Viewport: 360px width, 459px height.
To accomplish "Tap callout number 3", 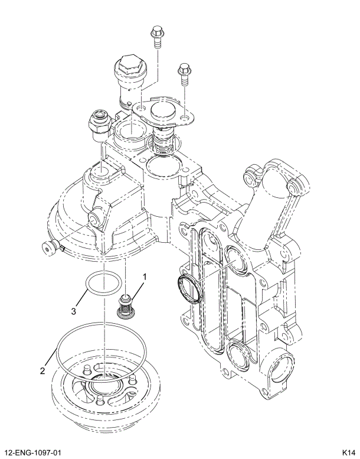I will [x=74, y=310].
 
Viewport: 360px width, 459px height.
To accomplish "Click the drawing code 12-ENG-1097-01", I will [x=33, y=452].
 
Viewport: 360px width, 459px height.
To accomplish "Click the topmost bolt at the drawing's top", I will [x=157, y=37].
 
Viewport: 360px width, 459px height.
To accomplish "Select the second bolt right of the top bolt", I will [x=184, y=73].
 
